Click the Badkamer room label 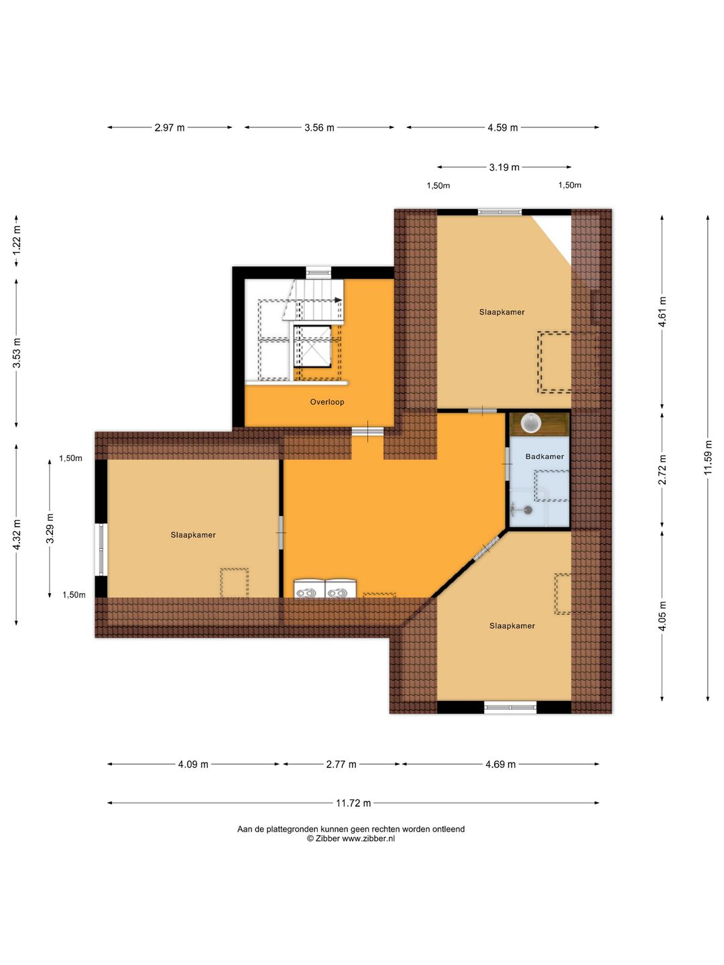[544, 456]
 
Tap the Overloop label [327, 402]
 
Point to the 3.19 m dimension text [504, 167]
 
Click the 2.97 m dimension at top [169, 127]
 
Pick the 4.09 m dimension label [193, 765]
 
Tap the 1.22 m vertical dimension [17, 241]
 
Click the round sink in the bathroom [531, 423]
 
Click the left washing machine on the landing [310, 589]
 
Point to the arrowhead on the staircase [338, 300]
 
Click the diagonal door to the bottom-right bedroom [487, 548]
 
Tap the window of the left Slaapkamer [101, 549]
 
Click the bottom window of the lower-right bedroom [510, 708]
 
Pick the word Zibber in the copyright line [328, 838]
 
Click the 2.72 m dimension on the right [662, 470]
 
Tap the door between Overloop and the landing [367, 432]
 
